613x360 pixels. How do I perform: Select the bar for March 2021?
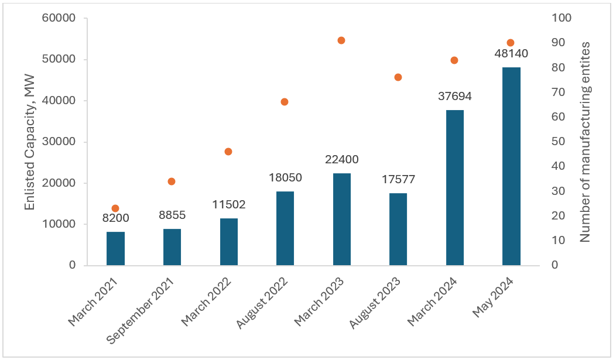pos(115,249)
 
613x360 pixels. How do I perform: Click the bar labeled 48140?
pos(511,166)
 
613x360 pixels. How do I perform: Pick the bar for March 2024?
pos(455,187)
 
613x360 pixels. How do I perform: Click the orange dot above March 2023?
pos(341,40)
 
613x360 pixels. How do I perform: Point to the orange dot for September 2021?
pos(172,181)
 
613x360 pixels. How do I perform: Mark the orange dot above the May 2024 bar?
pos(510,43)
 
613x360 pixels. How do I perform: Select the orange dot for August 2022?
pos(285,102)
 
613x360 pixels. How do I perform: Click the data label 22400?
pos(341,159)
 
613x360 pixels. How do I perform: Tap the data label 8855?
pos(172,215)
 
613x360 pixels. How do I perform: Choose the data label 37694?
pos(455,96)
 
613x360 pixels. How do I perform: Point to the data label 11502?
pos(228,205)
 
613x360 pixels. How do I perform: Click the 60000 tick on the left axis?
pos(59,18)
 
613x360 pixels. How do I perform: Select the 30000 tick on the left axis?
pos(59,142)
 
